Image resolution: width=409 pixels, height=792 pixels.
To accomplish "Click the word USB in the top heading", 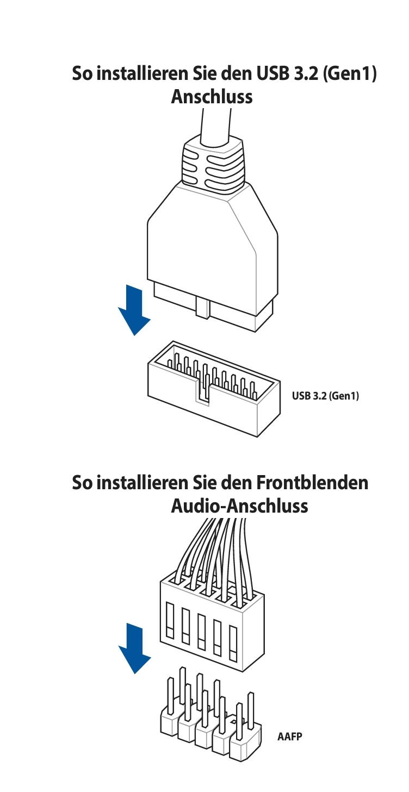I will click(271, 74).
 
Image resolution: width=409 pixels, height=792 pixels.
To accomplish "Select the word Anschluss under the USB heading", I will click(212, 97).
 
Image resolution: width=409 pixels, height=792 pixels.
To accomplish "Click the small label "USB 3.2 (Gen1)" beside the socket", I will click(325, 396).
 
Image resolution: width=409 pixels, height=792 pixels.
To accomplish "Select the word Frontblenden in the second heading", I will click(312, 483).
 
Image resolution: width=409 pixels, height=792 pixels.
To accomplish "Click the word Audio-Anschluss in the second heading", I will click(239, 506).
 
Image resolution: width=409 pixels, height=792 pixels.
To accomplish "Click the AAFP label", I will click(289, 737).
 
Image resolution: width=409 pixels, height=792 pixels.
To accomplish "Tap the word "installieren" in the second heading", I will click(143, 483).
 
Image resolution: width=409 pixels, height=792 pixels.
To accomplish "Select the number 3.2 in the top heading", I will click(307, 74).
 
